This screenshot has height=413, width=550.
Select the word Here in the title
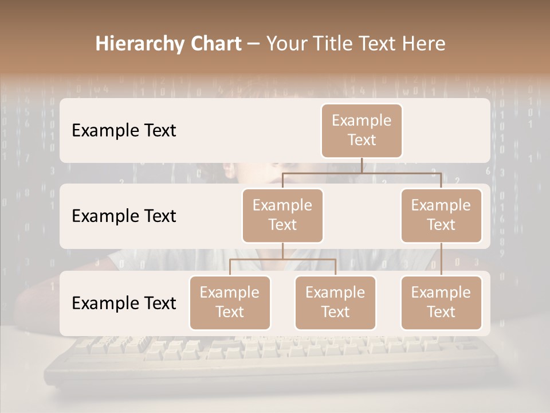[424, 44]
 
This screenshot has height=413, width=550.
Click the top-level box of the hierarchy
[362, 130]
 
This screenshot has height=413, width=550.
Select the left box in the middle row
[282, 215]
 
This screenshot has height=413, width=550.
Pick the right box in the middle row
[441, 215]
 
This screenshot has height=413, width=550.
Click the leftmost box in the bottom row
[230, 302]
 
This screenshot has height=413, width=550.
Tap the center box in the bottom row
[335, 302]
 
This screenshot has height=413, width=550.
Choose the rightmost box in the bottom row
[441, 302]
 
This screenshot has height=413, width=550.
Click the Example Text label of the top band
[124, 130]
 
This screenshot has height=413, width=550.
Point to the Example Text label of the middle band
[124, 216]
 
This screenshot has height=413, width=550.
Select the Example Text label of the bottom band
[124, 303]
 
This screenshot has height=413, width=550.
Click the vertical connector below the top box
[362, 165]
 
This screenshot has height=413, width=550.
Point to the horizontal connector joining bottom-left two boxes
[282, 259]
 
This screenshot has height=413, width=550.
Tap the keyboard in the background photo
[269, 359]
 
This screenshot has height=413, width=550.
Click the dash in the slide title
[253, 44]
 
